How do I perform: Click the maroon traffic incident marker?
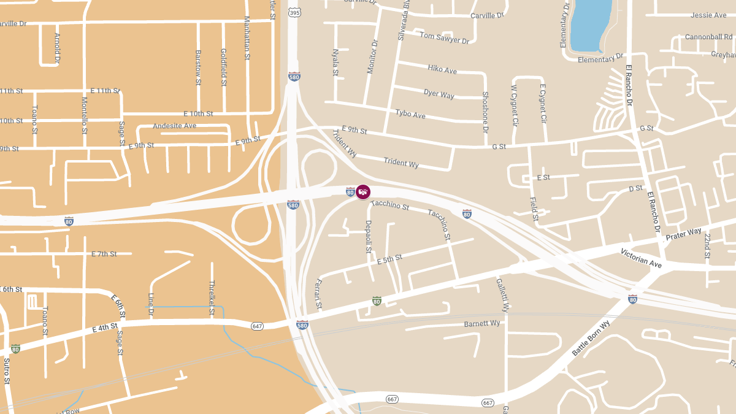click(x=363, y=192)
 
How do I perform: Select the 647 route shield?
click(x=257, y=326)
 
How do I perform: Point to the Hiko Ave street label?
click(x=442, y=69)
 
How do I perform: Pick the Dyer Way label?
click(x=439, y=94)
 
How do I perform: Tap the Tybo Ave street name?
click(x=410, y=114)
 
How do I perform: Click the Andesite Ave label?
click(x=174, y=126)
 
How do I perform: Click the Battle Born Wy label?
click(x=591, y=338)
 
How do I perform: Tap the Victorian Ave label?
click(x=641, y=258)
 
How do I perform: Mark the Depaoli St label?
click(x=369, y=237)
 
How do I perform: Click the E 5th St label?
click(x=389, y=259)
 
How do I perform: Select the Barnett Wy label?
click(x=482, y=323)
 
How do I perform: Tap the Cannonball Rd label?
click(x=708, y=37)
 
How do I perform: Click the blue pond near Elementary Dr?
click(x=591, y=25)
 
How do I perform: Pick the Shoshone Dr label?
click(x=485, y=113)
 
